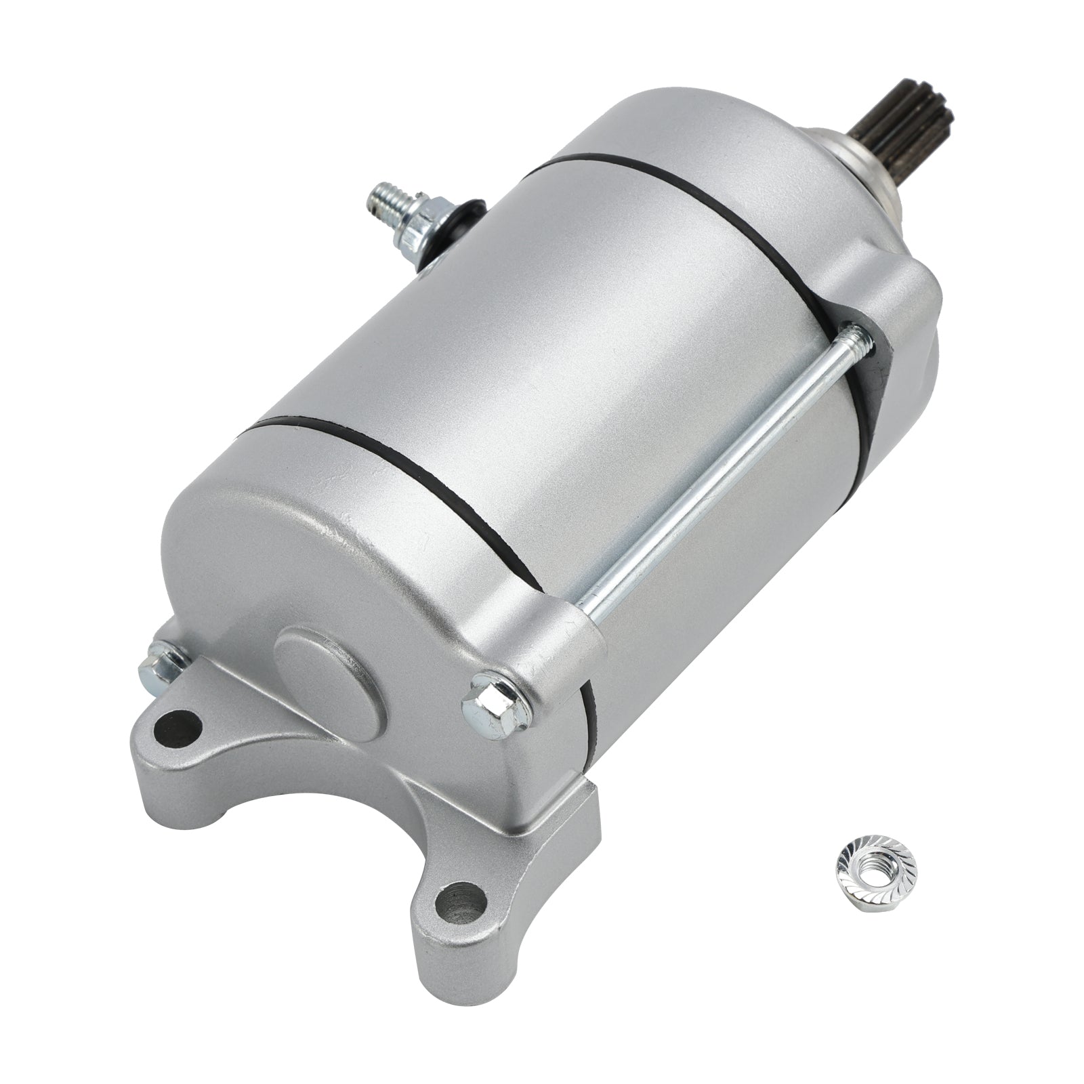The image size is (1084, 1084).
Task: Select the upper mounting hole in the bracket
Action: [x=178, y=729]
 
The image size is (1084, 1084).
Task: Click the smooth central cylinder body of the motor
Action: [x=576, y=339]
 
